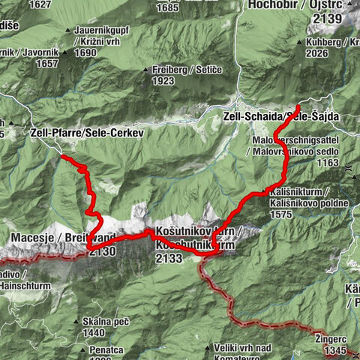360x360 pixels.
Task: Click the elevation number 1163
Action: pos(327,163)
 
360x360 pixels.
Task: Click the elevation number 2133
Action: pos(168,258)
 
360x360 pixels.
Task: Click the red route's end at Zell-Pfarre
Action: pos(63,157)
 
